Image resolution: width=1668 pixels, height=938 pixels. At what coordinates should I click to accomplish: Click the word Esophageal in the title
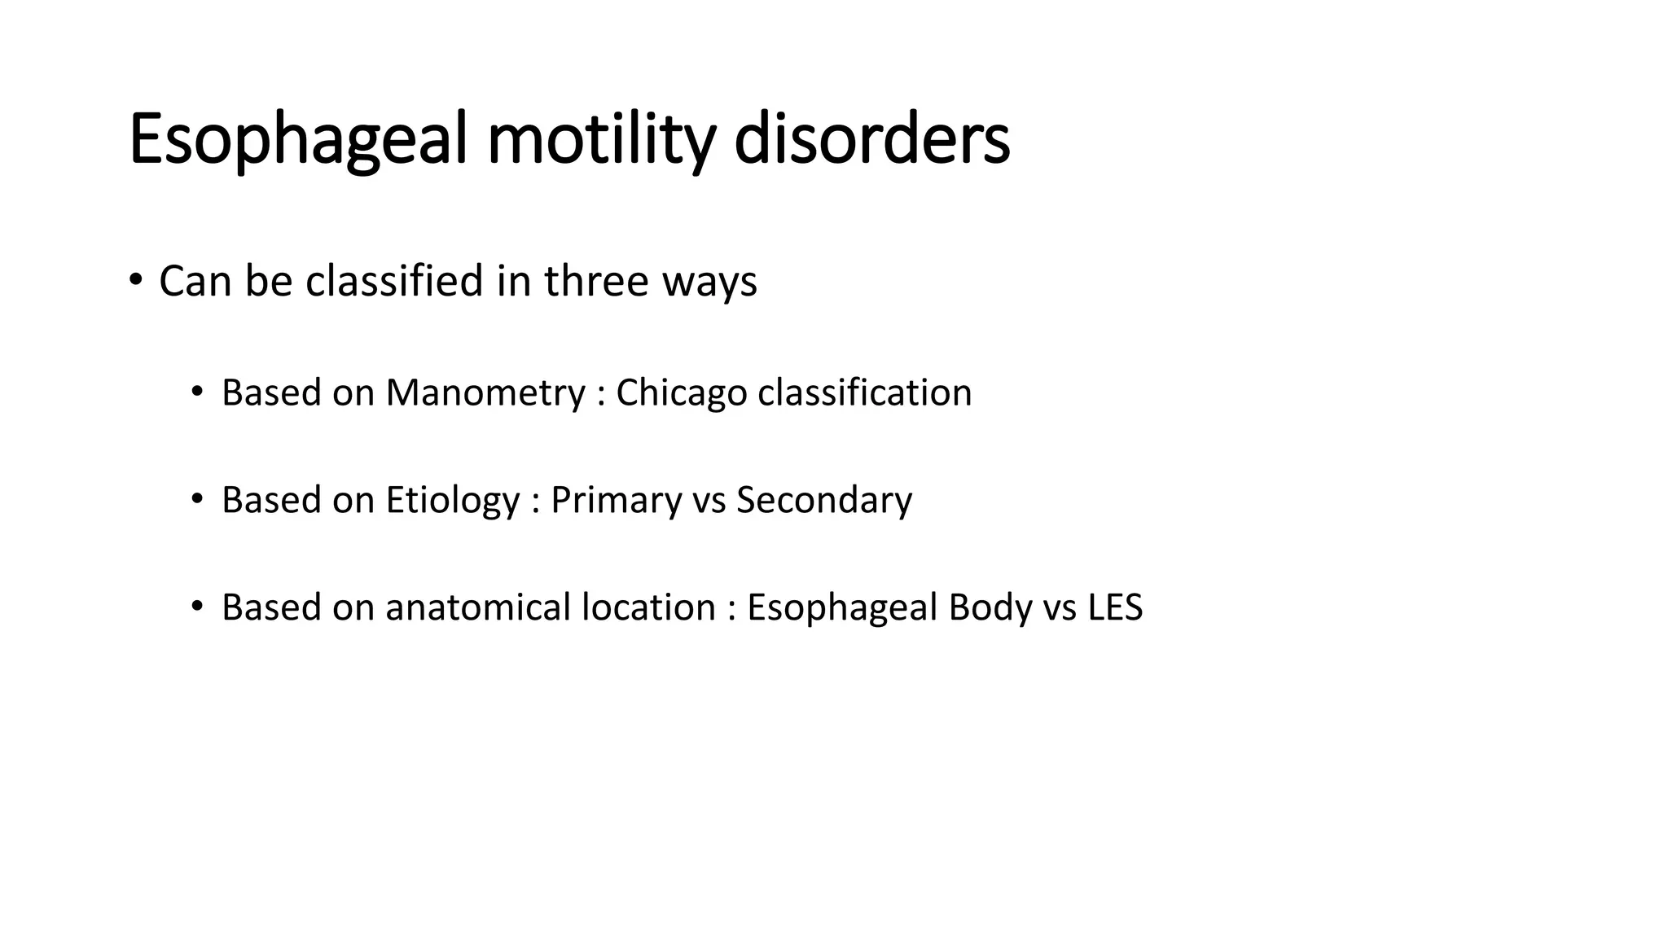[x=298, y=141]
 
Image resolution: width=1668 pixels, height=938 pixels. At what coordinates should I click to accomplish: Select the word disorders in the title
[x=871, y=141]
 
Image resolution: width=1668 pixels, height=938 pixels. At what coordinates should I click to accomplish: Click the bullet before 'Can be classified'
[x=135, y=281]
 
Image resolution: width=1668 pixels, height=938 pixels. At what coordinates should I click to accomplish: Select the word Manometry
[x=485, y=393]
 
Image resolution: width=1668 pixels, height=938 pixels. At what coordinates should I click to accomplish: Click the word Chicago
[x=681, y=393]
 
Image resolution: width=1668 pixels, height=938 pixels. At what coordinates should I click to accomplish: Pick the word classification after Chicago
[x=865, y=392]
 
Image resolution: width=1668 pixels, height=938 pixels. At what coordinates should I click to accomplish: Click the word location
[x=648, y=607]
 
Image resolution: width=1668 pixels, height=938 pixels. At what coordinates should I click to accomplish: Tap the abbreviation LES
[x=1115, y=607]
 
